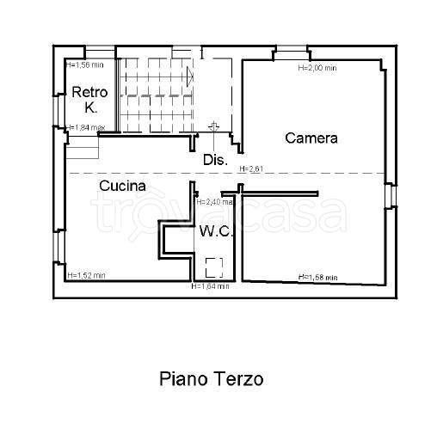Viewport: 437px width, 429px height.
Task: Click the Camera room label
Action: point(311,138)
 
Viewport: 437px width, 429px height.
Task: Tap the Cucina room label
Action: point(121,185)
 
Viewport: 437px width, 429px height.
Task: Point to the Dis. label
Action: point(214,160)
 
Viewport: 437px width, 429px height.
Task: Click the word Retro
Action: point(89,92)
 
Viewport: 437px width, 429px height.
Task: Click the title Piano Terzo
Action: point(211,378)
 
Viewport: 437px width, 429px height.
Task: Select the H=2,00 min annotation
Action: point(317,67)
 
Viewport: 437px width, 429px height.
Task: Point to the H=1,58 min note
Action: point(317,277)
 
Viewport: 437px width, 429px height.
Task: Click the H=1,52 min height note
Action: point(86,276)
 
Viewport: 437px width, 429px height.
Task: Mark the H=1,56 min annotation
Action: point(85,64)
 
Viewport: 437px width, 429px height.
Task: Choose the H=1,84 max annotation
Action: point(86,128)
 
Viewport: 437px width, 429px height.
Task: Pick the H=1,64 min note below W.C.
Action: point(210,286)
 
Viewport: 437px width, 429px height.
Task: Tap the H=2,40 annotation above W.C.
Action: point(214,202)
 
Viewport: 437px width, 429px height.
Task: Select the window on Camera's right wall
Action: point(391,194)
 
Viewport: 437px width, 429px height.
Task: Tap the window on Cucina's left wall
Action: point(58,249)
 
